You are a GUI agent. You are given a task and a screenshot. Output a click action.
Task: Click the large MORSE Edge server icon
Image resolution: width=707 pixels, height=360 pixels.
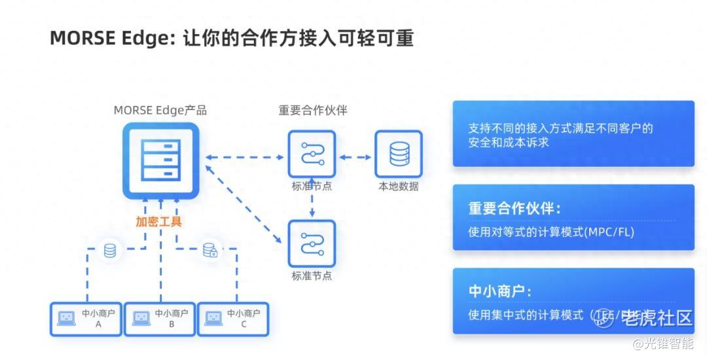coord(160,160)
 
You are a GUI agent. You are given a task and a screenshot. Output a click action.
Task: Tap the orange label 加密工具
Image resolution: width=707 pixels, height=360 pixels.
coord(159,221)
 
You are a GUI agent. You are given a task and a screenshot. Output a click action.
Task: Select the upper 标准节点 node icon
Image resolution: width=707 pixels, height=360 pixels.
coord(312,154)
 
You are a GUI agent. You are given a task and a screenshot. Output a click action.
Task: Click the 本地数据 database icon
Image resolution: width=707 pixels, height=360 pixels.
coord(398,154)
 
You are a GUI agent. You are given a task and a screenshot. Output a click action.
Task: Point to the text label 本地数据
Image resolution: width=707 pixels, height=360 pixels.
coord(398,187)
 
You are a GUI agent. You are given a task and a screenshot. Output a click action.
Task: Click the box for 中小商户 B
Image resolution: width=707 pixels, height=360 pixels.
coord(160,319)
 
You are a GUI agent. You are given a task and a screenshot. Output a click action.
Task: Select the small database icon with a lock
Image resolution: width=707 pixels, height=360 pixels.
coord(210,250)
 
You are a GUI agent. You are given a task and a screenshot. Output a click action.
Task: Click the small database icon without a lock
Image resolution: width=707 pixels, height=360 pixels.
coord(110,249)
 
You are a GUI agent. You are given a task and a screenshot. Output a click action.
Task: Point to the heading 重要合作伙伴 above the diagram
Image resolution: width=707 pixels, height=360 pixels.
coord(312,110)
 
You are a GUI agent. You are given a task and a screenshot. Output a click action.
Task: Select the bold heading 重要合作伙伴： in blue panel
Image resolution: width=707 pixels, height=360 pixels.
coord(515,208)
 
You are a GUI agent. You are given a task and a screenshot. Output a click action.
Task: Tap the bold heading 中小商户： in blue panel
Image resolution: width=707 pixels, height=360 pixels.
coord(499,292)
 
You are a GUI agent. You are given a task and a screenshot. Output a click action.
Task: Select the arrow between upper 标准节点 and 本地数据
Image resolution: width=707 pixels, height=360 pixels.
coord(355,157)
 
